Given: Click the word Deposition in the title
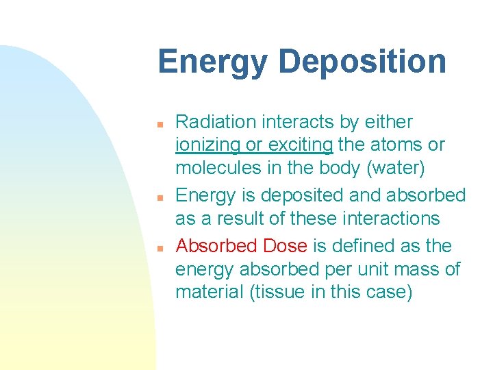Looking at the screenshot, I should tap(362, 62).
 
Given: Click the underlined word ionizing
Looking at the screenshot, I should tap(208, 145).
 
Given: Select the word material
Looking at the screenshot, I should tap(208, 293).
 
